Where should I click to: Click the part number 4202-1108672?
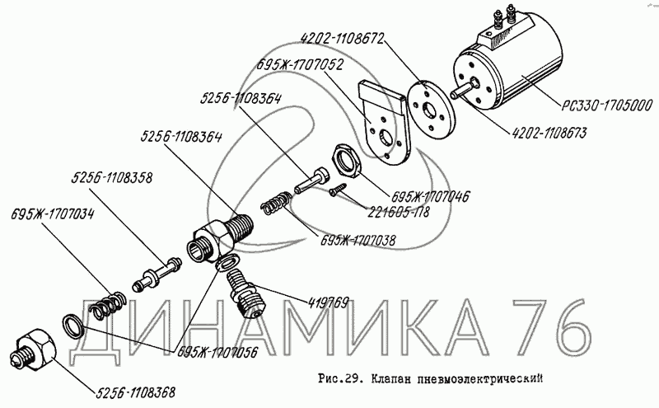[342, 39]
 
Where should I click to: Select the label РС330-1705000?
[607, 106]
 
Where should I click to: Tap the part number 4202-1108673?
[549, 133]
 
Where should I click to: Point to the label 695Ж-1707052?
[301, 65]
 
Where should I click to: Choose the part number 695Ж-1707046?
[430, 196]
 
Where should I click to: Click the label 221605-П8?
[399, 212]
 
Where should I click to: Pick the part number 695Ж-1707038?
[358, 240]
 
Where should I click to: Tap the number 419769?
[328, 302]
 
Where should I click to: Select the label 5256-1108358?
[111, 177]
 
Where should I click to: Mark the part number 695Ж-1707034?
[53, 214]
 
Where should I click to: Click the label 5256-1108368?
[135, 392]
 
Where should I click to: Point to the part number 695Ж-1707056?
[217, 352]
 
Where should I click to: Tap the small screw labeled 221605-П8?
[339, 189]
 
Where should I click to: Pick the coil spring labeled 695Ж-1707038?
[275, 202]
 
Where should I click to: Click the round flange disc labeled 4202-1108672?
[432, 110]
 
